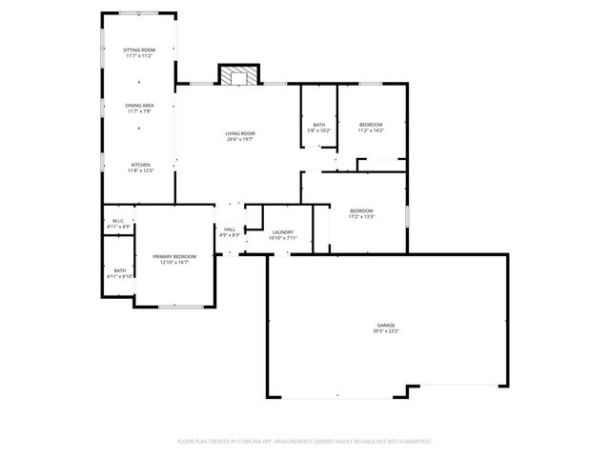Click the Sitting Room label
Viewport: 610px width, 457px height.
click(139, 50)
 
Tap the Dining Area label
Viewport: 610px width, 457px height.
click(139, 106)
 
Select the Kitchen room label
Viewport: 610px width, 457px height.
click(139, 165)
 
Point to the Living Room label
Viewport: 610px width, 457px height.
click(239, 134)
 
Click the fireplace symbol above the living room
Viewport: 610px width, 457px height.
click(238, 74)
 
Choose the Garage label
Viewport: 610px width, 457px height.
click(385, 326)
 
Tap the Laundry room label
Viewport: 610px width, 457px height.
click(282, 232)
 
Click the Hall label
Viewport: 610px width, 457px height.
click(230, 229)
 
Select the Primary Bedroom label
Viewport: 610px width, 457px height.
click(174, 256)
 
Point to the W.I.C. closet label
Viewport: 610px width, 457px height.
click(119, 222)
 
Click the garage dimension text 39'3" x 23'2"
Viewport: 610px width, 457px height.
click(385, 331)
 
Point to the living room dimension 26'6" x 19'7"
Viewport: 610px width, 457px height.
click(239, 140)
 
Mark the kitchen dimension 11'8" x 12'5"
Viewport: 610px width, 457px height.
click(139, 170)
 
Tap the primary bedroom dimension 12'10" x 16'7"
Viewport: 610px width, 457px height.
click(174, 262)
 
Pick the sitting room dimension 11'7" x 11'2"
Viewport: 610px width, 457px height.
click(139, 55)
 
